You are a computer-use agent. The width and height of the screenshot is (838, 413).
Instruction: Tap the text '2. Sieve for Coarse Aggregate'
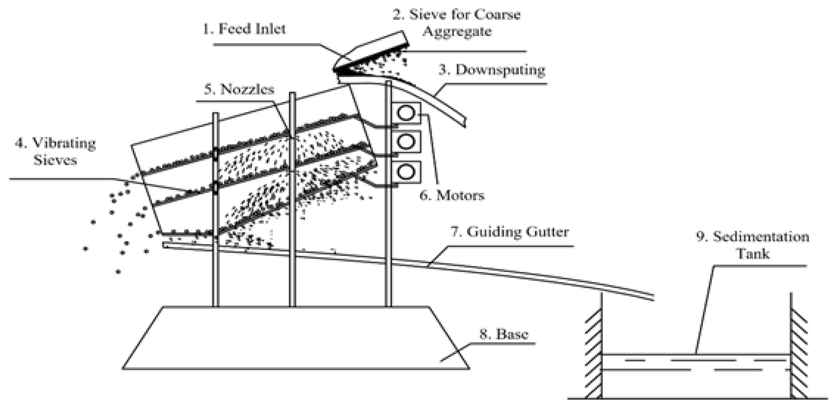pos(456,23)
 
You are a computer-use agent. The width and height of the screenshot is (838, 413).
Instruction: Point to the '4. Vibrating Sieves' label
pos(55,152)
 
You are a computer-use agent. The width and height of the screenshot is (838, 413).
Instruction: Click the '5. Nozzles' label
pos(239,89)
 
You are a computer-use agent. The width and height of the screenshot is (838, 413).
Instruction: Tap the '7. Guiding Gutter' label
pos(509,232)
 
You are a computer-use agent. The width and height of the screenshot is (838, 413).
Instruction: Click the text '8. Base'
pos(504,334)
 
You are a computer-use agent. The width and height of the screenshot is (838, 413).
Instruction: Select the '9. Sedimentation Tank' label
pos(752,245)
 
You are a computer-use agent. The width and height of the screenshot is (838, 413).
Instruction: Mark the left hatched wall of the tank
pos(594,355)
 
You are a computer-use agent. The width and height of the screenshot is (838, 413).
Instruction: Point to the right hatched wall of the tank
pos(799,355)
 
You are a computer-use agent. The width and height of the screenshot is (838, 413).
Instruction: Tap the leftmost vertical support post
pos(216,267)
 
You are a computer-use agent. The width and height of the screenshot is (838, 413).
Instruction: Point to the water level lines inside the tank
pos(696,365)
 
